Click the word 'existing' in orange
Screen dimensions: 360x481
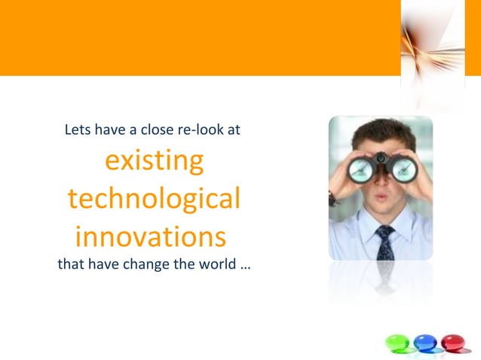[154, 161]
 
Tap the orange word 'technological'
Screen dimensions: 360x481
[154, 200]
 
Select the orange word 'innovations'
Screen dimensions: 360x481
[151, 237]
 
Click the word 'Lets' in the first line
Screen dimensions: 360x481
[77, 130]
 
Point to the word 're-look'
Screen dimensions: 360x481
[199, 130]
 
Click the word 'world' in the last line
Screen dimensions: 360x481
[219, 264]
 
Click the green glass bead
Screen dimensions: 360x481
[397, 343]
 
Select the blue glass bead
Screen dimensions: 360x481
[426, 343]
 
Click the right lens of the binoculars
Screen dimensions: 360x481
[403, 169]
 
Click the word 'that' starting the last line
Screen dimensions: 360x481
[70, 264]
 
